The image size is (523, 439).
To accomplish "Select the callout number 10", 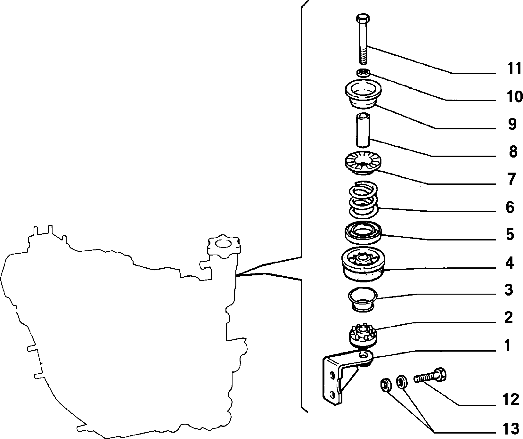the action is [514, 97].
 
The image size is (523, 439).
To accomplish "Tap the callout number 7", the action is [511, 179].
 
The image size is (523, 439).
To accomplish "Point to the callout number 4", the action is [510, 263].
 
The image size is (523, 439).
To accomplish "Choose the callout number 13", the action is [511, 428].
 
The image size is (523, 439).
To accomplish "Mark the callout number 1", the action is [507, 346].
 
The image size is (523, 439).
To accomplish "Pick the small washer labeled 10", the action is [363, 73].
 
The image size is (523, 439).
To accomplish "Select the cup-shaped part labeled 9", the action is [363, 94].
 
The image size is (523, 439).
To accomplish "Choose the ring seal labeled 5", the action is [363, 232].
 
